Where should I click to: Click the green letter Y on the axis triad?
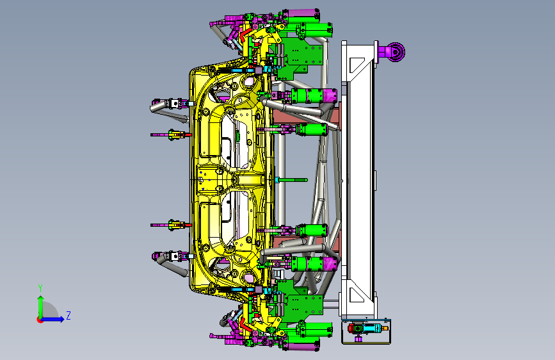[40, 288]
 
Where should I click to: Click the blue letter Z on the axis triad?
[68, 315]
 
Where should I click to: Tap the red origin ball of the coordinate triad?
[40, 320]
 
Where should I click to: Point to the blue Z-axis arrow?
[52, 319]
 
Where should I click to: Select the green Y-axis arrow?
[41, 307]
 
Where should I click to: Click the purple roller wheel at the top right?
[396, 52]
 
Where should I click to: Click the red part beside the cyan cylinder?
[351, 329]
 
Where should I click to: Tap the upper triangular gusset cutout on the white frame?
[357, 65]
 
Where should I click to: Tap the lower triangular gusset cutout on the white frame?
[356, 295]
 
